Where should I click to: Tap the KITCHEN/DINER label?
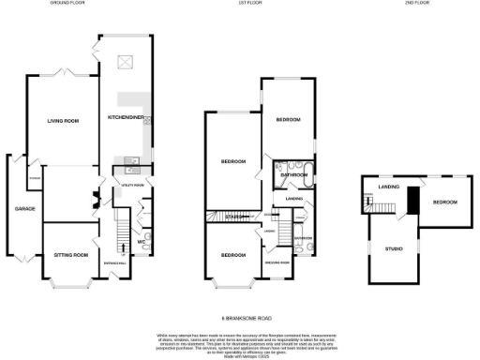tap(125, 117)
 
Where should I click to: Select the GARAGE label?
tap(23, 208)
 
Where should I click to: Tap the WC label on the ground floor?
tap(139, 242)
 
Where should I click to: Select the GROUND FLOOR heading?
tap(67, 4)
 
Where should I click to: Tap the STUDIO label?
tap(394, 248)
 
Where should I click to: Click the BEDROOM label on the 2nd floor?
tap(444, 202)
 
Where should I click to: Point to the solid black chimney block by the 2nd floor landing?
tap(412, 199)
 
